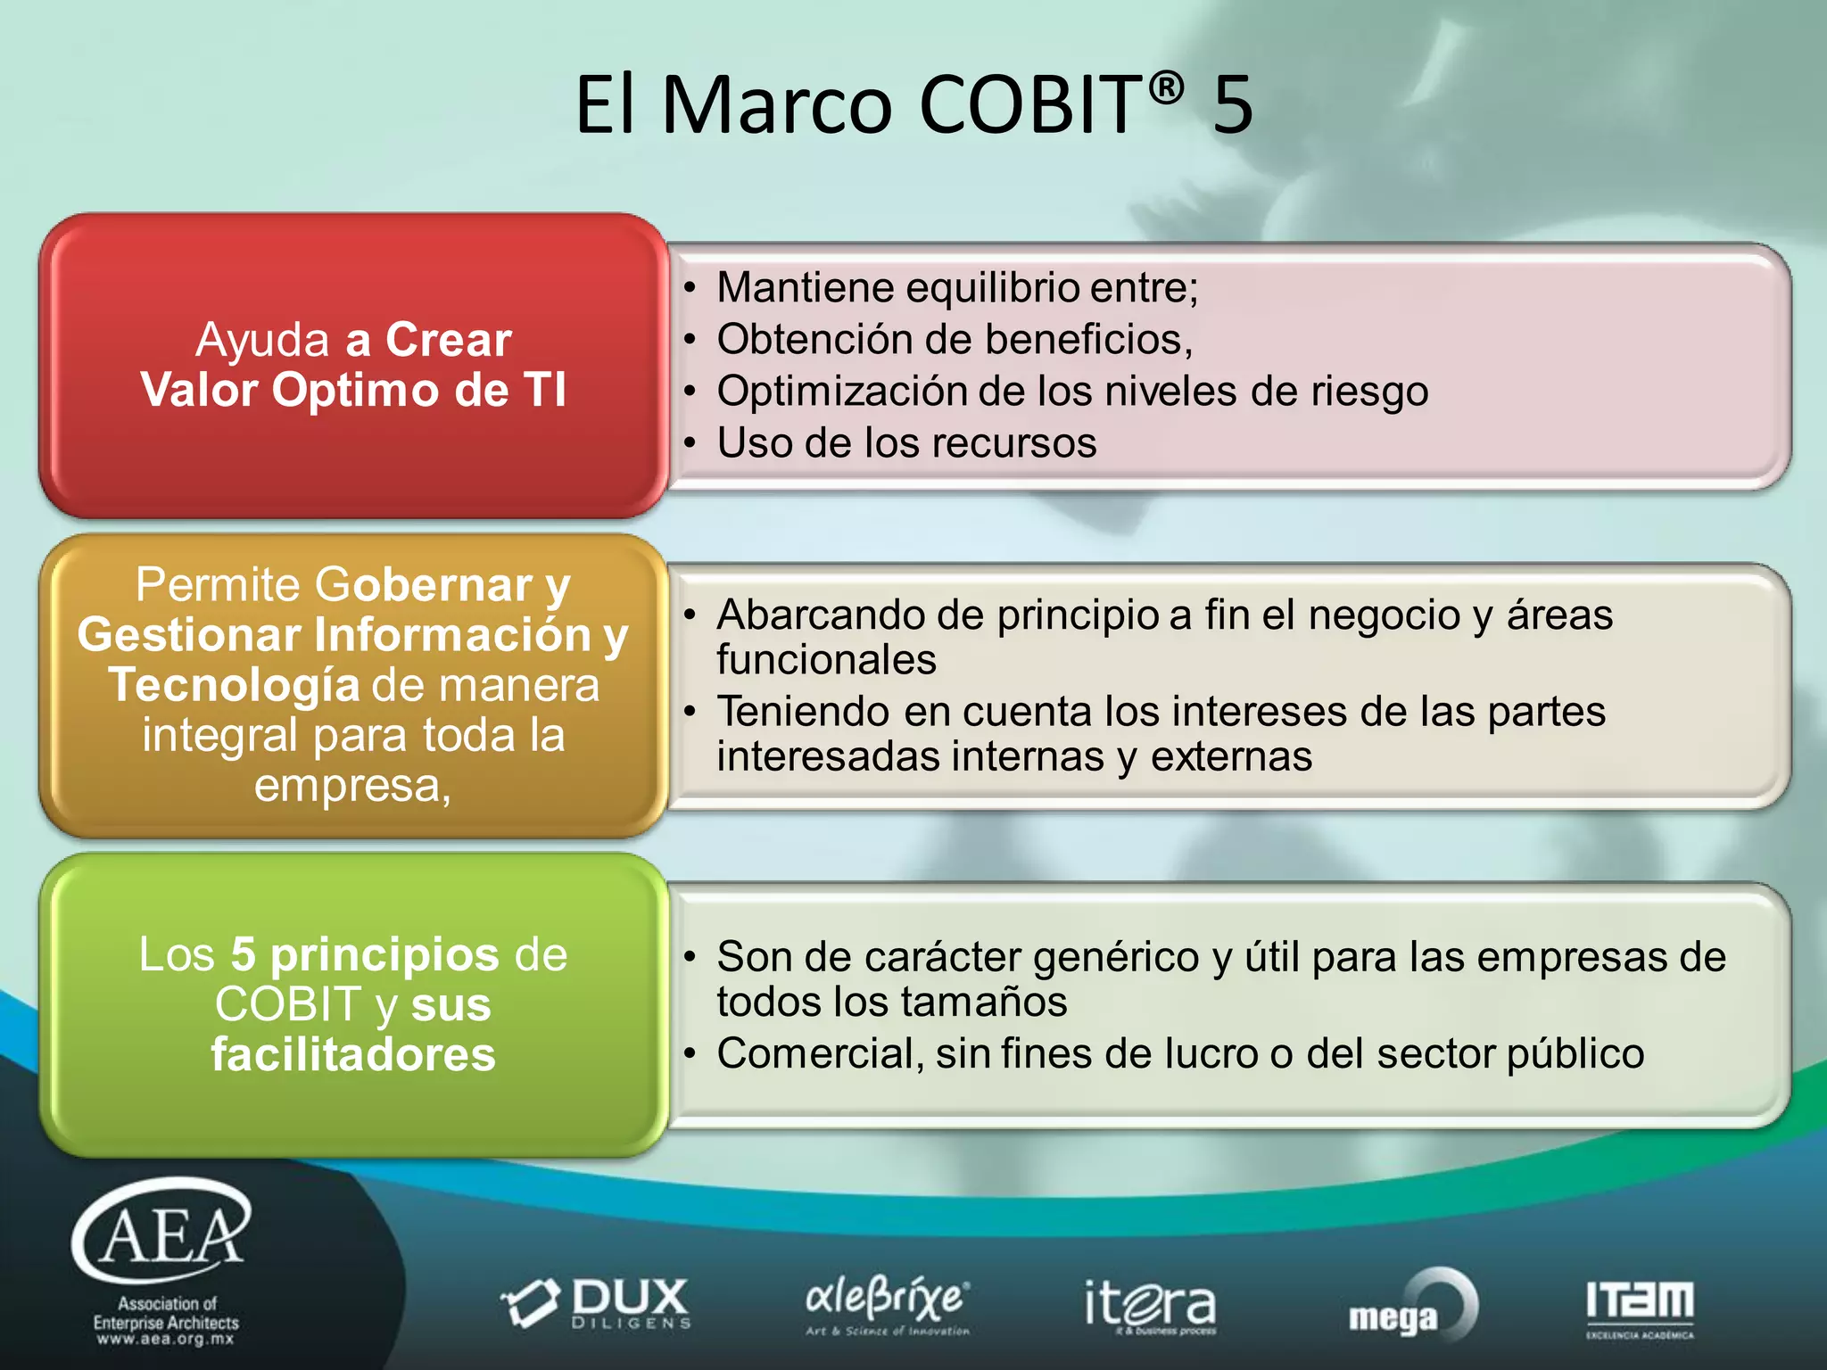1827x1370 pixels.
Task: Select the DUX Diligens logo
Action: point(597,1303)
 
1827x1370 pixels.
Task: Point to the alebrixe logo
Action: point(887,1303)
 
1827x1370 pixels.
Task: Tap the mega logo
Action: point(1412,1308)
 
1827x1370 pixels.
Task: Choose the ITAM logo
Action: point(1640,1308)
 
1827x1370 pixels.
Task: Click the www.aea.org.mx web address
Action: point(166,1339)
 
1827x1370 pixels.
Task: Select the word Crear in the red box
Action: point(448,340)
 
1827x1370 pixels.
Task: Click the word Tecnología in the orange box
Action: point(235,685)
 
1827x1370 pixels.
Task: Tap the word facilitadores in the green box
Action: point(353,1054)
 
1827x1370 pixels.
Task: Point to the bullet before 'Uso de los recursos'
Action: point(689,443)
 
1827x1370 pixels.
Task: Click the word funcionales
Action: point(826,660)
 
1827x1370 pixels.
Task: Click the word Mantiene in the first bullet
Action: point(806,288)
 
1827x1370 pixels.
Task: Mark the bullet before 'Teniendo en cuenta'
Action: point(689,712)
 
